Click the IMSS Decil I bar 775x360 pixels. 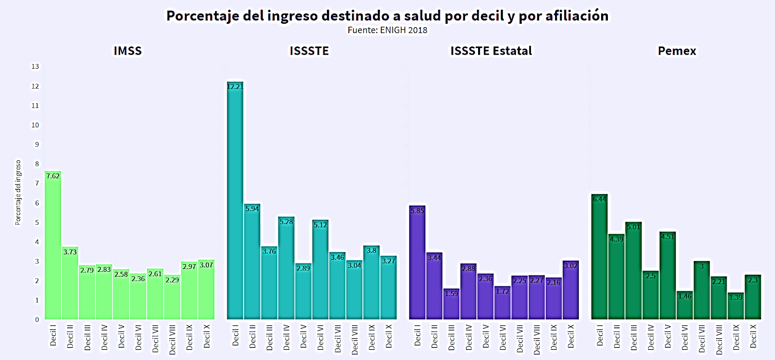click(53, 247)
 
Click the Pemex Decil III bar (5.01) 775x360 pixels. click(633, 271)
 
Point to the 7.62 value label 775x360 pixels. click(53, 176)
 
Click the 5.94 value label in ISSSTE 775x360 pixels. click(252, 209)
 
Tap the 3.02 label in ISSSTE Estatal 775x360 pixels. click(571, 266)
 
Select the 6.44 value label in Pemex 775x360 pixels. click(599, 199)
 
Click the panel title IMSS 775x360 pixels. click(128, 51)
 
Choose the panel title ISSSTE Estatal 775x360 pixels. click(491, 51)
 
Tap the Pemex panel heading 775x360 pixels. click(677, 51)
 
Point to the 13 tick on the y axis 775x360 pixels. click(35, 66)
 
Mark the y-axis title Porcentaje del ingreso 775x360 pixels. click(18, 193)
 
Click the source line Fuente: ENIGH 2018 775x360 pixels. click(387, 30)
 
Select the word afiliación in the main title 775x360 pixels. click(577, 16)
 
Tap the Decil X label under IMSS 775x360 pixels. click(207, 336)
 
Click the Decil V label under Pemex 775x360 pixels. click(668, 336)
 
